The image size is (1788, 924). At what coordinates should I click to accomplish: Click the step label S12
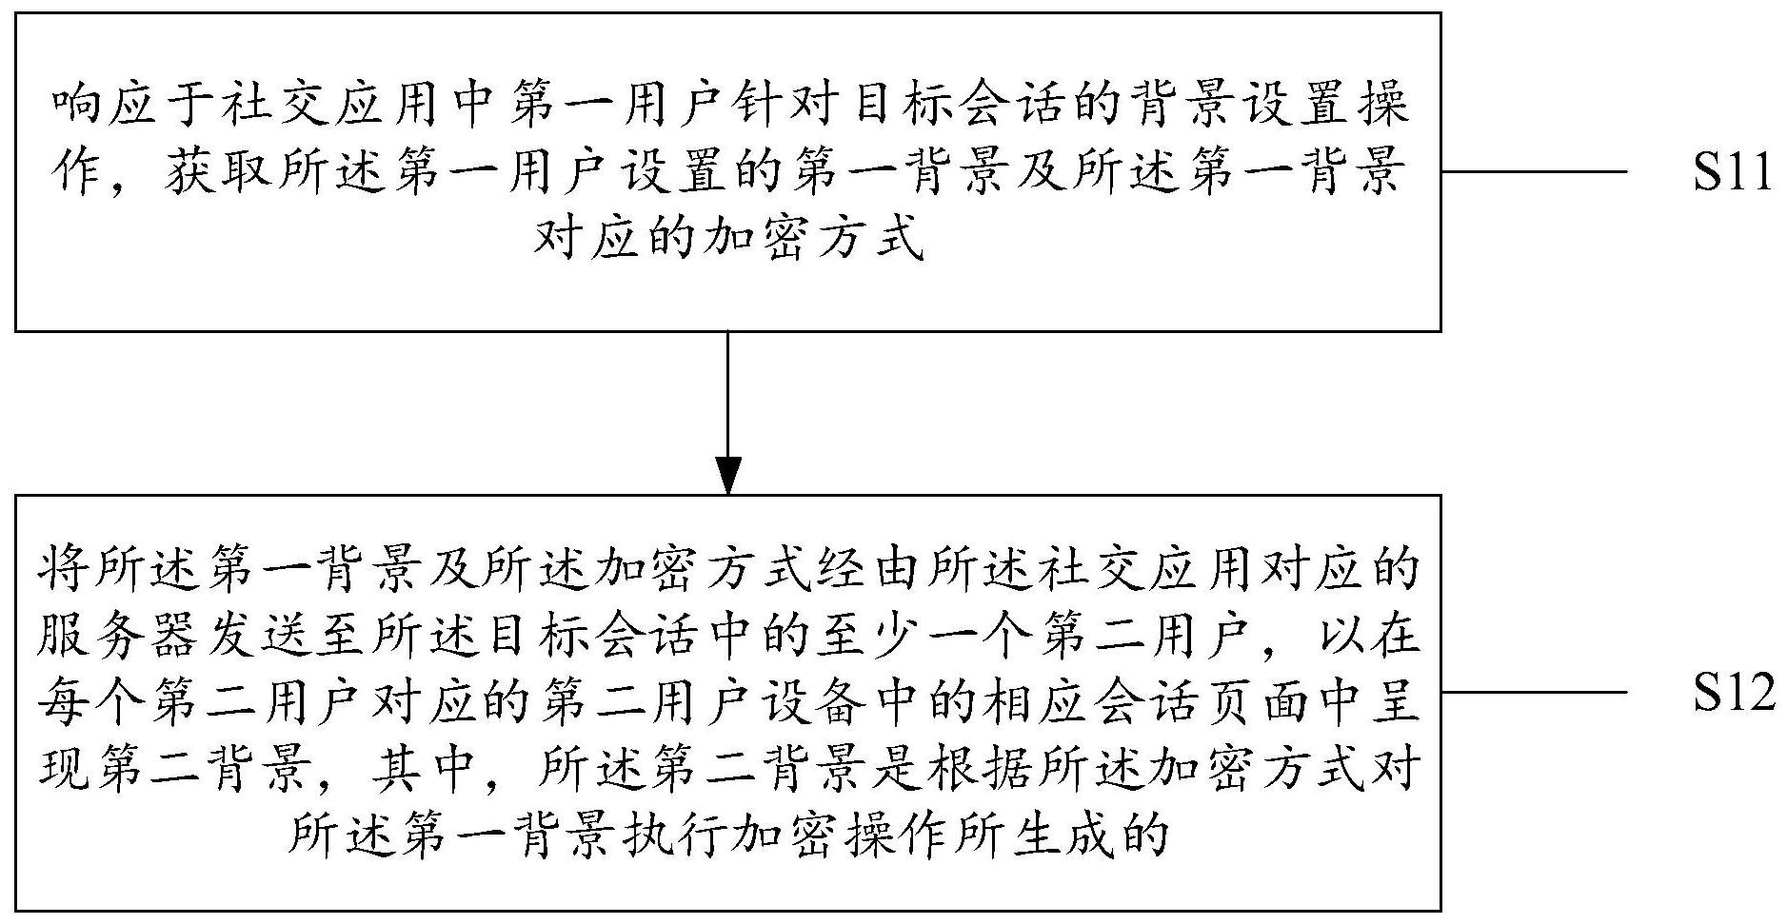click(x=1734, y=692)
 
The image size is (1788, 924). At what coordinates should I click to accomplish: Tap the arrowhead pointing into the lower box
click(x=727, y=475)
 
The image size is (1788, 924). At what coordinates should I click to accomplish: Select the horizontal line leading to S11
click(x=1534, y=172)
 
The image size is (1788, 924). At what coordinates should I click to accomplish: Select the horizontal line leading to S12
click(x=1534, y=692)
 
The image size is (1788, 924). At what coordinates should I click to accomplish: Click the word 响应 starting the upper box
click(x=97, y=106)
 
